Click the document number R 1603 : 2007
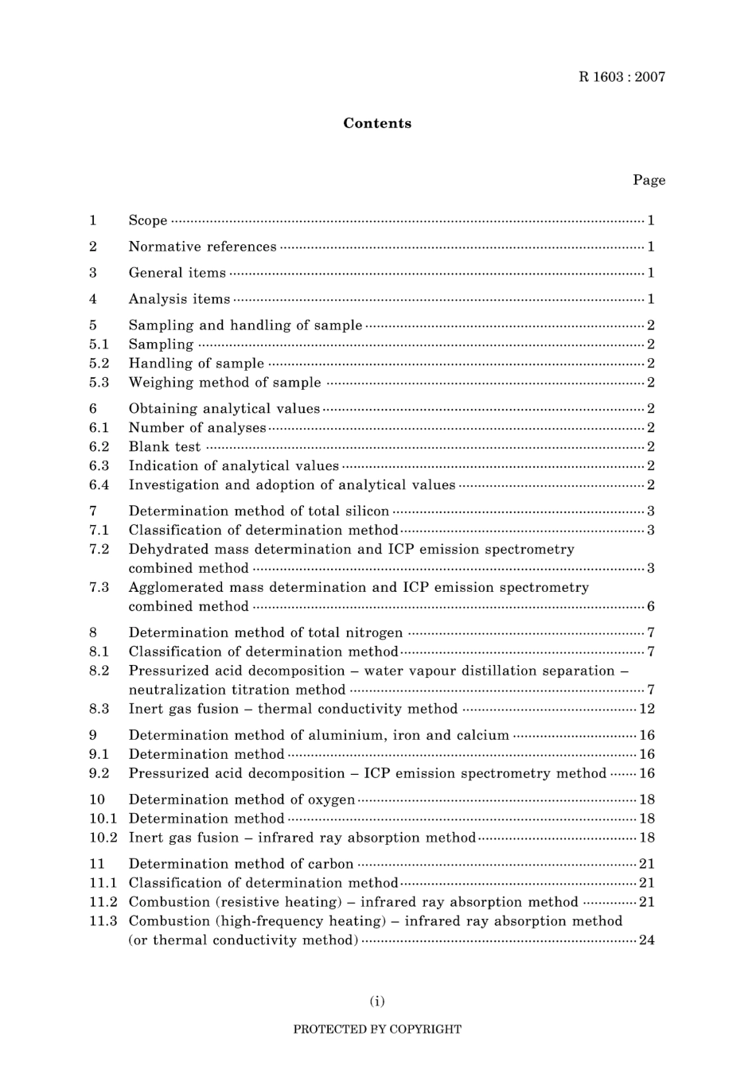click(x=622, y=77)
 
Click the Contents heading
click(x=377, y=123)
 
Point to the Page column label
click(x=649, y=180)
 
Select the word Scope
click(x=148, y=220)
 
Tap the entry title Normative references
click(x=203, y=247)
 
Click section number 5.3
click(x=99, y=382)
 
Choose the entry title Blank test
click(x=165, y=446)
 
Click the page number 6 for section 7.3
click(x=650, y=606)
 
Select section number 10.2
click(x=103, y=837)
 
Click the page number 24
click(x=646, y=940)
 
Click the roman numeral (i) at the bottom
click(x=377, y=1001)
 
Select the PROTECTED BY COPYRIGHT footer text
click(x=377, y=1029)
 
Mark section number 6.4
click(x=99, y=484)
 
